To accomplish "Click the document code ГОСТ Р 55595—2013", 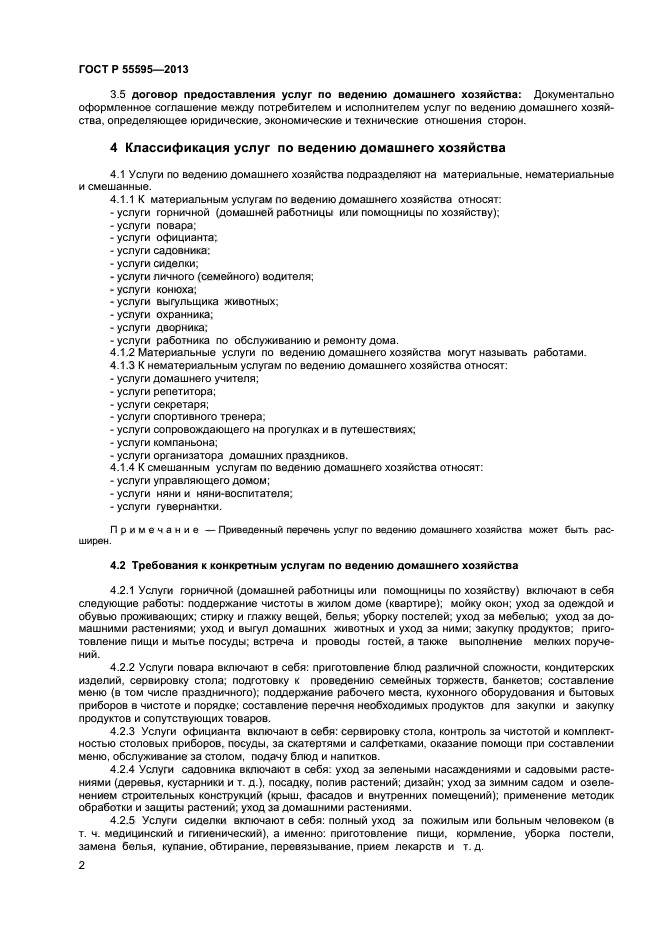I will tap(133, 69).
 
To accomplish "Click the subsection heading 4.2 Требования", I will tap(314, 565).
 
